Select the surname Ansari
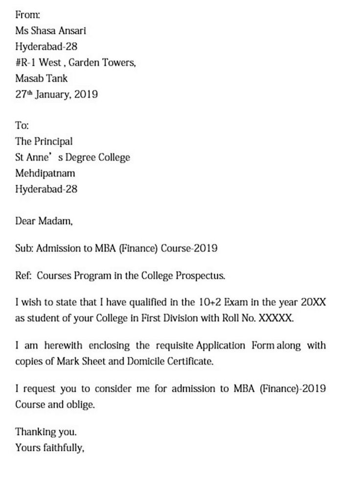pyautogui.click(x=73, y=31)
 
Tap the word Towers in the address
pyautogui.click(x=117, y=63)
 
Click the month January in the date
pyautogui.click(x=63, y=94)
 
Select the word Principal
pyautogui.click(x=53, y=141)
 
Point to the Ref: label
pyautogui.click(x=23, y=276)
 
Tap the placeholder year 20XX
pyautogui.click(x=313, y=303)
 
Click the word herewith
pyautogui.click(x=63, y=346)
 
